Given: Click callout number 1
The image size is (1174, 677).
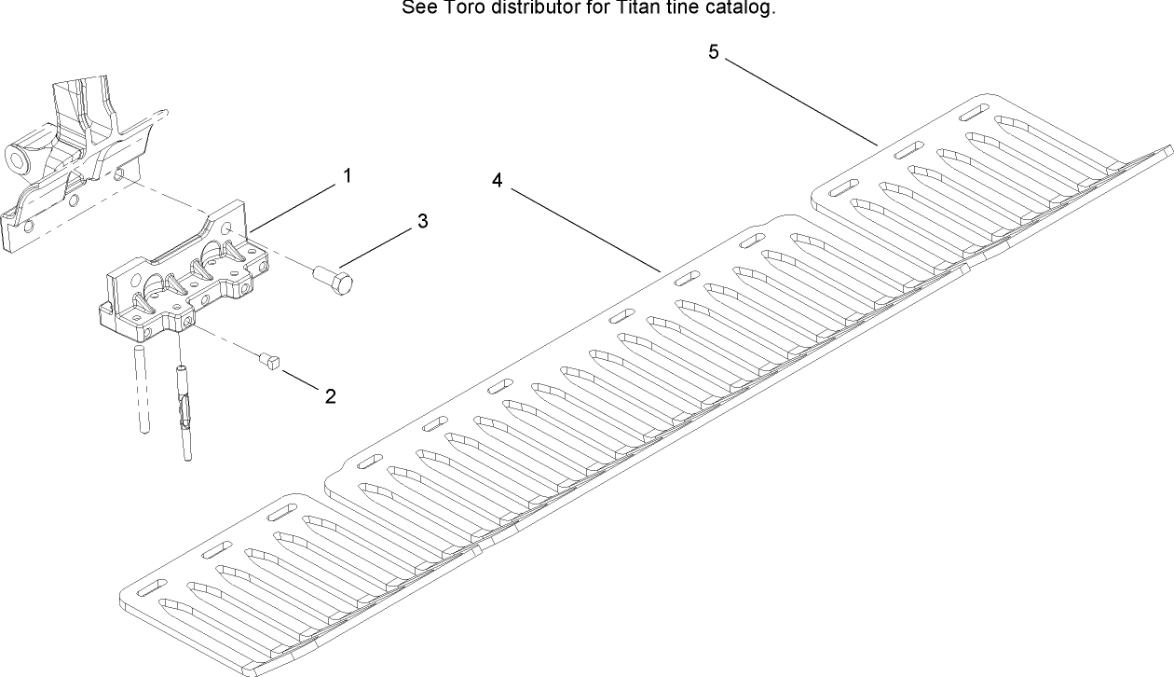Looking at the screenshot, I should click(x=347, y=175).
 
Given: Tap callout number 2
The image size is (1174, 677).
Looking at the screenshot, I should click(x=330, y=396).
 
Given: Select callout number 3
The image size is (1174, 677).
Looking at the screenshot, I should click(x=422, y=221).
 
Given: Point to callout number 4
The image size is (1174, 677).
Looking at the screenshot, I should click(x=498, y=181).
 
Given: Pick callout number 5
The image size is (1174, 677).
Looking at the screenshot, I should click(x=713, y=52).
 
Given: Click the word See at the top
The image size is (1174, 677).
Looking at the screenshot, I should click(x=416, y=8).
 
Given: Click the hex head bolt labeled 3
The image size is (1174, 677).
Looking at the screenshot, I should click(x=332, y=278).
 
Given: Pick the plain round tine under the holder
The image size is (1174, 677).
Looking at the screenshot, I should click(x=142, y=387).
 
